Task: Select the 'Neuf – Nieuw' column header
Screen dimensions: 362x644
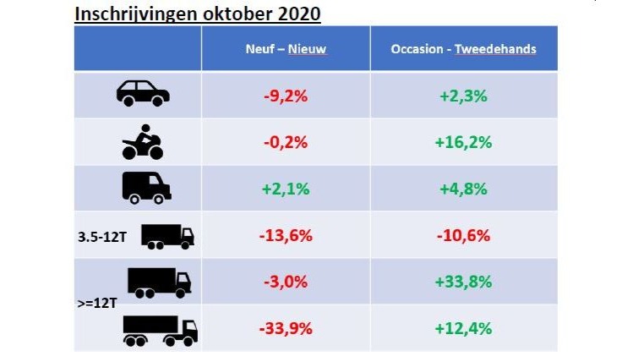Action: click(x=286, y=49)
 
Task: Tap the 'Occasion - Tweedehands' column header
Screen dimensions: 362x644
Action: click(x=463, y=49)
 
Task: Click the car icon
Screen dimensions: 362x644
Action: click(x=143, y=93)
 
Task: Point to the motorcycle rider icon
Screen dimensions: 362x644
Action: click(x=143, y=141)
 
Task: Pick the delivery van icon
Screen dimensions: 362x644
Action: click(x=146, y=187)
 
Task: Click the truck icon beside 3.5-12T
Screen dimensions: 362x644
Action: click(x=167, y=236)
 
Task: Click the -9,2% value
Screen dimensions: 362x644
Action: click(x=286, y=96)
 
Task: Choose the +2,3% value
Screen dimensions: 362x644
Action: click(x=463, y=96)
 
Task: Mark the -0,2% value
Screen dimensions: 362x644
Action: click(x=286, y=142)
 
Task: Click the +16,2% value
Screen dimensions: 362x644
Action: click(x=463, y=142)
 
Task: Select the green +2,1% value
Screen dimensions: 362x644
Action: click(x=286, y=189)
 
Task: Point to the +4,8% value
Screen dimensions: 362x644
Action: click(x=463, y=189)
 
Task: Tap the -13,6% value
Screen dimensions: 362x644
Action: click(x=286, y=235)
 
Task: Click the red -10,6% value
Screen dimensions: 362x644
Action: click(x=463, y=235)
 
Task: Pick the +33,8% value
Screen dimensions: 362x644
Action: click(x=463, y=282)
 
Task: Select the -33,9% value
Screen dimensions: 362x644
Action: click(x=286, y=327)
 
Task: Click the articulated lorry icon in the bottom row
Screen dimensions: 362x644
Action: click(x=160, y=330)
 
